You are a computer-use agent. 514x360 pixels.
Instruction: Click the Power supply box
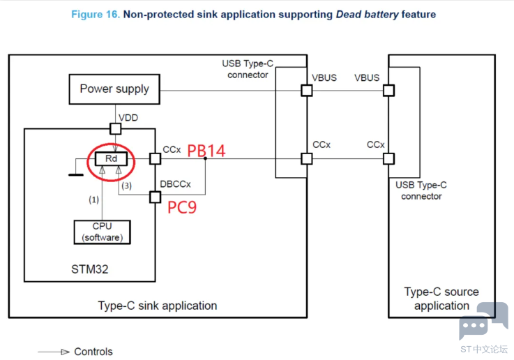114,89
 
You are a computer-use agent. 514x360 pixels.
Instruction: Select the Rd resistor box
112,159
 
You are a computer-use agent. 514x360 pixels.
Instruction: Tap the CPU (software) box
102,232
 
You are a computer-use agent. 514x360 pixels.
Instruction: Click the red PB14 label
206,151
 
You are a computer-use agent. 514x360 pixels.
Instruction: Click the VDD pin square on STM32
116,128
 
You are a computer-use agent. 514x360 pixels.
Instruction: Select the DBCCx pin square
155,197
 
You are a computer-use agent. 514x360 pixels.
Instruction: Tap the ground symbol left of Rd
76,174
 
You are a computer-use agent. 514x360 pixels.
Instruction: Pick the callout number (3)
126,186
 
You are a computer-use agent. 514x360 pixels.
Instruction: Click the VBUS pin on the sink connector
305,90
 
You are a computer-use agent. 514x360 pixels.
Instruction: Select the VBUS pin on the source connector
388,90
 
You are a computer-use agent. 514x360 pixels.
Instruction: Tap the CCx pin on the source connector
388,158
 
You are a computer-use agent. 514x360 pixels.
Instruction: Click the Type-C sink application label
157,306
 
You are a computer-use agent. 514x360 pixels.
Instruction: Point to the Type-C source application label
441,299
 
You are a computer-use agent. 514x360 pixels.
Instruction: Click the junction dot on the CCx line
205,159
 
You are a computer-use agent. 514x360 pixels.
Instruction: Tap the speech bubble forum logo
483,321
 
